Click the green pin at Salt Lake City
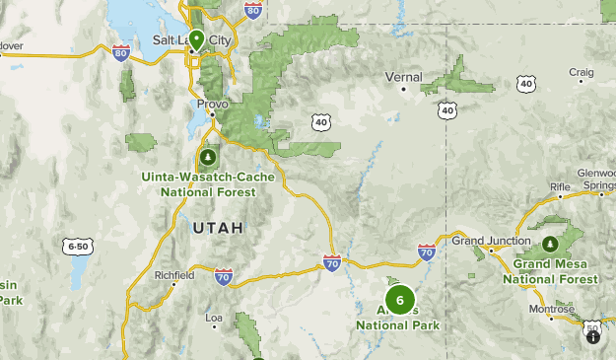197,39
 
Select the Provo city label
212,104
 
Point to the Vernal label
403,77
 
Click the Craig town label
582,72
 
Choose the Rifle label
560,186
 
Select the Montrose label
550,309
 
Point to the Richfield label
174,275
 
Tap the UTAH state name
217,228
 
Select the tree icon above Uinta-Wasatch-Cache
207,157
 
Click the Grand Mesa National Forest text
550,271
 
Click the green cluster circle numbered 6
399,300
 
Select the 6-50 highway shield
78,246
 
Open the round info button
593,336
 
